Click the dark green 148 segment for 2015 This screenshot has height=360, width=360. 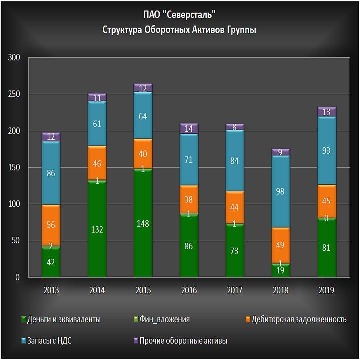click(143, 223)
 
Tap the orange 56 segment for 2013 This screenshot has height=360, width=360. click(51, 225)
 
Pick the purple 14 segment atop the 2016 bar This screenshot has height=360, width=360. click(189, 129)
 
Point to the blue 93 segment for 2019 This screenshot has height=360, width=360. click(327, 151)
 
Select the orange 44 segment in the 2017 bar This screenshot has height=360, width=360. click(235, 207)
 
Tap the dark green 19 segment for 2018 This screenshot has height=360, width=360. click(281, 270)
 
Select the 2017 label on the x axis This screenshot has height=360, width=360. click(235, 290)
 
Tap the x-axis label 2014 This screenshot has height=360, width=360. click(97, 290)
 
